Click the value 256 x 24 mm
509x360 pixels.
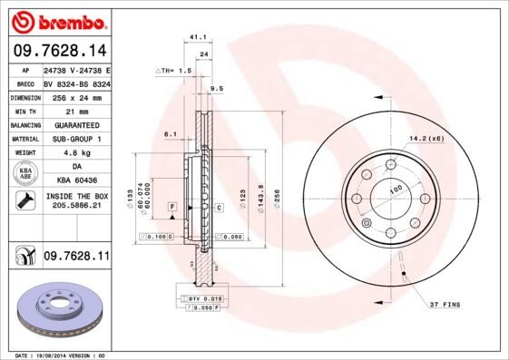pyautogui.click(x=76, y=95)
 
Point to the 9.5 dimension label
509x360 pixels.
pyautogui.click(x=217, y=88)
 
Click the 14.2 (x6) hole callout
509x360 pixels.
pyautogui.click(x=426, y=138)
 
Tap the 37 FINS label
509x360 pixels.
pyautogui.click(x=446, y=305)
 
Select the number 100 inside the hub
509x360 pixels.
pyautogui.click(x=396, y=190)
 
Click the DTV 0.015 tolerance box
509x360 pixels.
pyautogui.click(x=200, y=297)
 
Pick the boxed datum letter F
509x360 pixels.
pyautogui.click(x=171, y=208)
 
